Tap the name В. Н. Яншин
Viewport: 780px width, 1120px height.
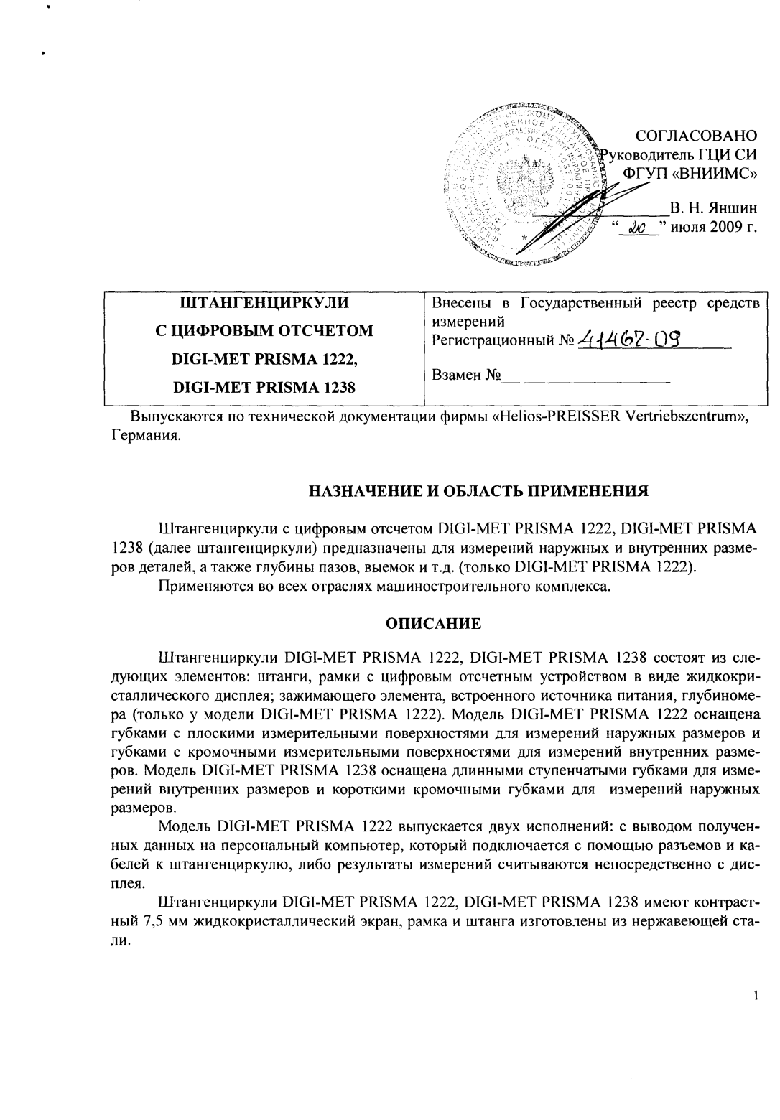click(x=713, y=210)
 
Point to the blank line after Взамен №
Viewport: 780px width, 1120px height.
click(x=585, y=375)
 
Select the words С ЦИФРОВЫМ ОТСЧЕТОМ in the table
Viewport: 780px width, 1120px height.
click(x=265, y=331)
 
